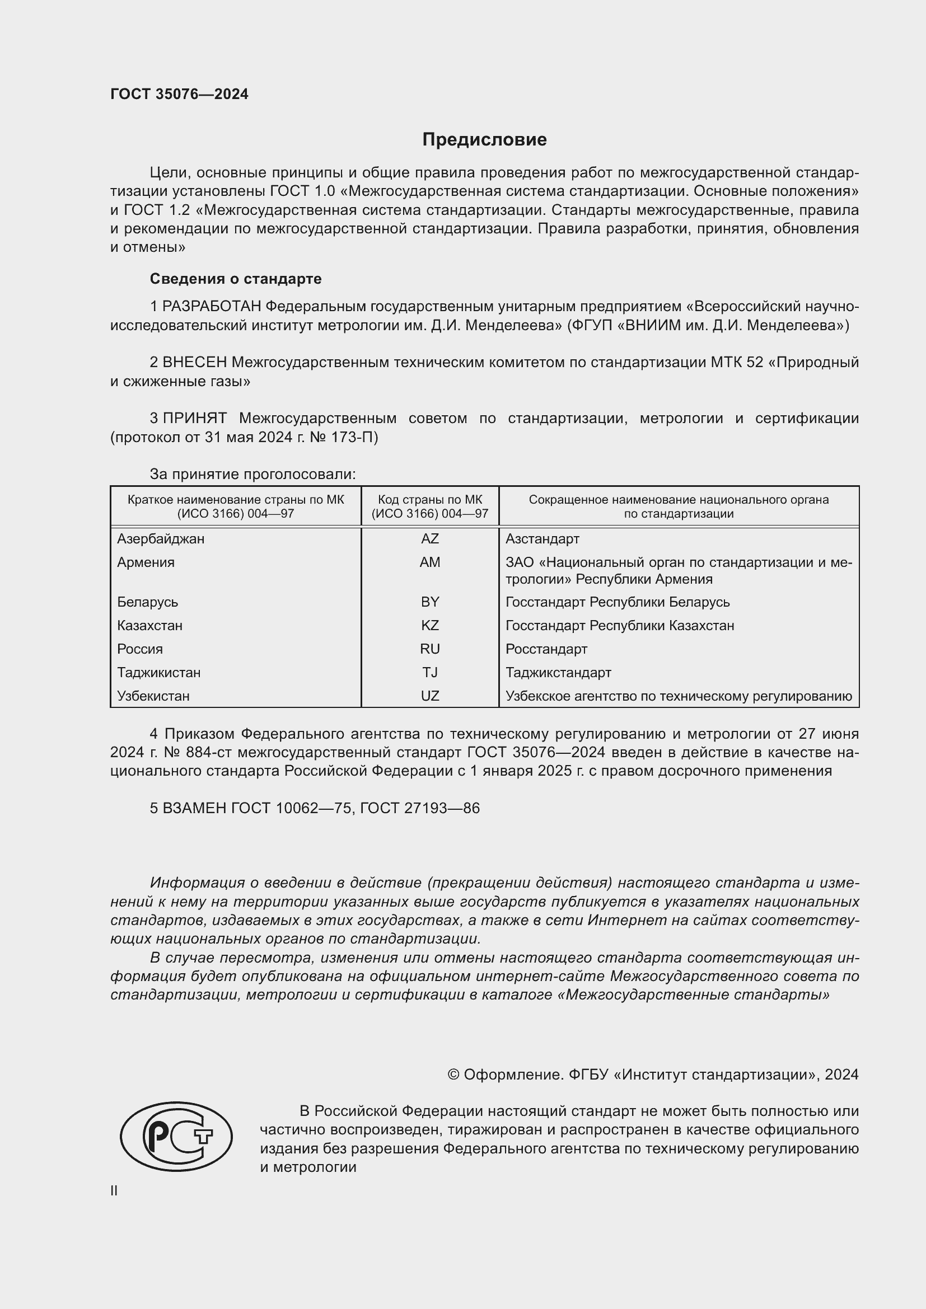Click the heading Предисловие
pyautogui.click(x=484, y=140)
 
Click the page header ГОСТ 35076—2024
pyautogui.click(x=179, y=94)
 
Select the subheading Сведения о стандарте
pyautogui.click(x=236, y=279)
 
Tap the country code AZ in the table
pyautogui.click(x=429, y=539)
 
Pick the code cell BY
pyautogui.click(x=429, y=602)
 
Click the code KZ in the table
pyautogui.click(x=429, y=626)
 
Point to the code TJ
pyautogui.click(x=429, y=672)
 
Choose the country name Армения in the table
pyautogui.click(x=146, y=562)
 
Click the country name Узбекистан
pyautogui.click(x=153, y=696)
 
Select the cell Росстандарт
pyautogui.click(x=546, y=649)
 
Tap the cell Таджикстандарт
pyautogui.click(x=558, y=672)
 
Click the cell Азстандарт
pyautogui.click(x=542, y=539)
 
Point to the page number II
pyautogui.click(x=114, y=1190)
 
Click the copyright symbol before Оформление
pyautogui.click(x=453, y=1075)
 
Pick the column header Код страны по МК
pyautogui.click(x=429, y=500)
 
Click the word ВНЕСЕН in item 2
pyautogui.click(x=194, y=363)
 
